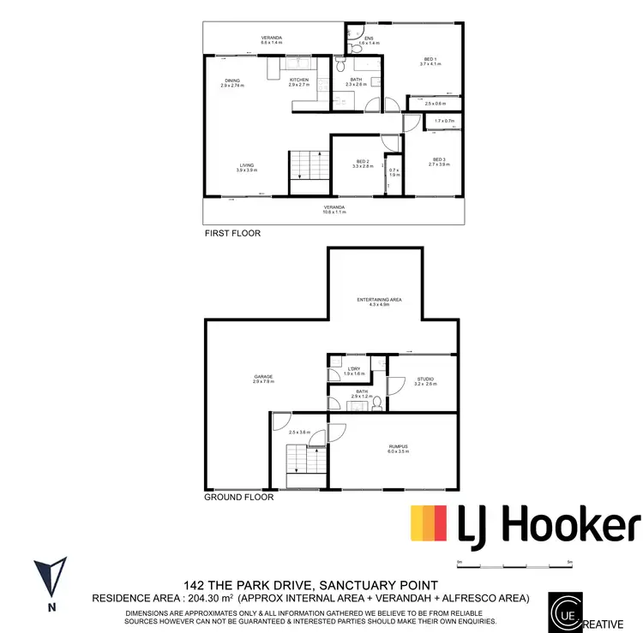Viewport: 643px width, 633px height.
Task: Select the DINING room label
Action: click(231, 80)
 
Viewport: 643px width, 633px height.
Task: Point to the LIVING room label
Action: click(247, 165)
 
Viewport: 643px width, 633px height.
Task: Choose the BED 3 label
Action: click(439, 159)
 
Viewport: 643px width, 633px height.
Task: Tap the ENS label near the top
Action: click(369, 38)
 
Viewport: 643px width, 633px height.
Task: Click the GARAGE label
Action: click(262, 376)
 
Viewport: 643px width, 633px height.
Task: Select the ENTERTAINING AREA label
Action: click(379, 299)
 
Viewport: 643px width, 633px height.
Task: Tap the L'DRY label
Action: click(354, 369)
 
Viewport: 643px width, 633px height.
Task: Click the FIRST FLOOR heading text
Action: click(232, 233)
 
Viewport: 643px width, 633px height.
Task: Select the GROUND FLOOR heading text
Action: click(239, 497)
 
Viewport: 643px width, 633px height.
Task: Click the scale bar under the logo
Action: click(514, 566)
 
